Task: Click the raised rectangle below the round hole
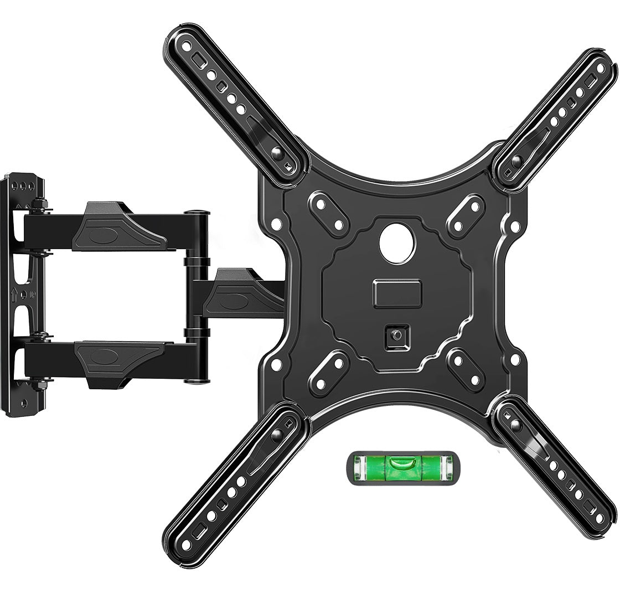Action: (x=397, y=293)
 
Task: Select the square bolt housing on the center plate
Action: (x=397, y=337)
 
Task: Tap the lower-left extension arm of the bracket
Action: (x=235, y=485)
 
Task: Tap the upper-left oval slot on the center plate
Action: (x=329, y=214)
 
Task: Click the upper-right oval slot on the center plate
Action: (x=466, y=216)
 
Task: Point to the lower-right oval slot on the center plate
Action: (x=466, y=370)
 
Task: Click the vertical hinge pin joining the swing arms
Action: (x=197, y=296)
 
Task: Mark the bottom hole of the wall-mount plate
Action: (x=24, y=403)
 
